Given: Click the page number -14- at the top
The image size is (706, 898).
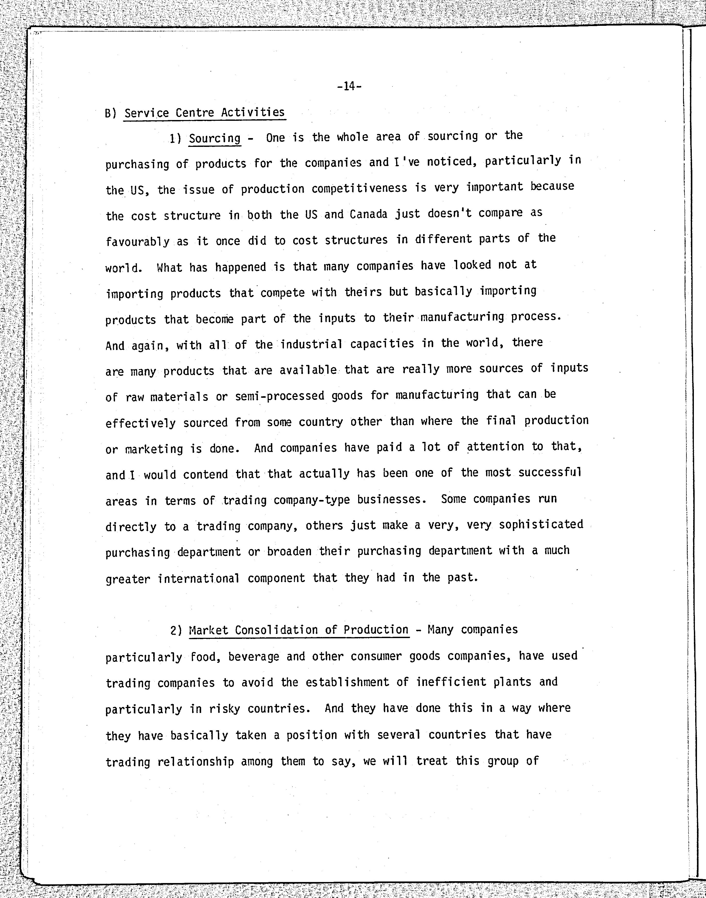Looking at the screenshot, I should [349, 86].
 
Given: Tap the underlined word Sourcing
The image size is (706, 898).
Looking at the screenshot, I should [215, 138].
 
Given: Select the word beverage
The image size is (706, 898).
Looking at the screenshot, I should [253, 657].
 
